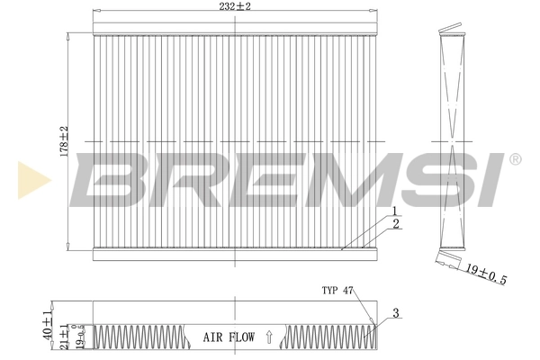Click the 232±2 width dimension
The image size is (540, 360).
(233, 6)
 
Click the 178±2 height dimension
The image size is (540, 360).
(63, 141)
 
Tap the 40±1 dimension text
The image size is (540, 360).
(48, 320)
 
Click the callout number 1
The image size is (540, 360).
(393, 211)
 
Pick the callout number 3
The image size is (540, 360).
(395, 314)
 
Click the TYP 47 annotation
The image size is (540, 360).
(339, 291)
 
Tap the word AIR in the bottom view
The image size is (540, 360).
(213, 337)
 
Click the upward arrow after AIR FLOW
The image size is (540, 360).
(268, 337)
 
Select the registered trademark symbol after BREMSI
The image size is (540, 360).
(515, 159)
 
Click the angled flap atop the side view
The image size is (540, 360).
(451, 31)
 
